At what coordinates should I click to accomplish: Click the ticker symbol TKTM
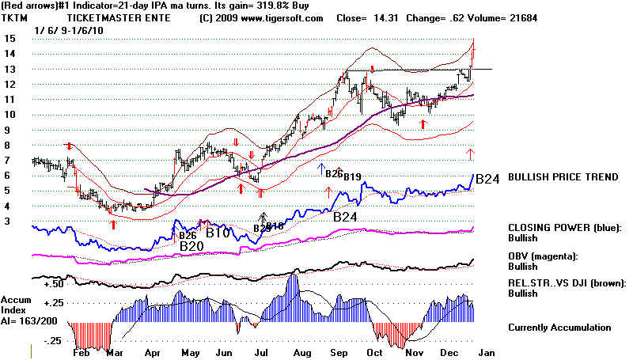tap(16, 17)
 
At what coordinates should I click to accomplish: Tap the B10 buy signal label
tap(218, 233)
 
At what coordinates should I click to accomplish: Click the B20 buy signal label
tap(192, 246)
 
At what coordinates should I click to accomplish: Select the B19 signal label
tap(352, 176)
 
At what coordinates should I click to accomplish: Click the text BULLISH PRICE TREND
tap(563, 177)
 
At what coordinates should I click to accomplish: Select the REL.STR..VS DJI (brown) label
tap(567, 282)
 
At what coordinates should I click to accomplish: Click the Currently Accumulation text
tap(559, 327)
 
